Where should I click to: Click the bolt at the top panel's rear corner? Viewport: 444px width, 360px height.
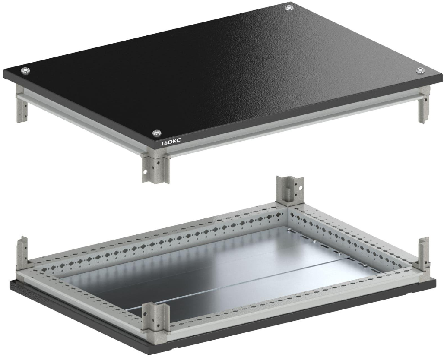point(289,8)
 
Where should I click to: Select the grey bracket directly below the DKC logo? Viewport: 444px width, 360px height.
point(156,167)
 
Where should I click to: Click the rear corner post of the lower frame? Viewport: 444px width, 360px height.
point(290,191)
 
